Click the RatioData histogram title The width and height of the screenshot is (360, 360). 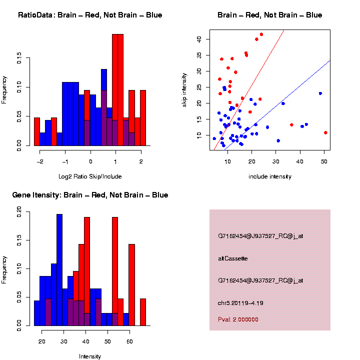(x=90, y=15)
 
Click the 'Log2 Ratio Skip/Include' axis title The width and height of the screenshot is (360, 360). (x=90, y=176)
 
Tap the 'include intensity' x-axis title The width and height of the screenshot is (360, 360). (x=269, y=176)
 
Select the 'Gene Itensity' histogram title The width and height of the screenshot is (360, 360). (x=90, y=195)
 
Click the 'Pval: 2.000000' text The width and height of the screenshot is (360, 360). (x=238, y=319)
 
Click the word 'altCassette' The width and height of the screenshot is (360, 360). (x=233, y=258)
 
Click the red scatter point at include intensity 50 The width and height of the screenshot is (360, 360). (x=325, y=132)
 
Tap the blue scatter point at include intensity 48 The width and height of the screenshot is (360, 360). (x=320, y=93)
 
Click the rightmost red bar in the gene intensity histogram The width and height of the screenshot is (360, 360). (x=142, y=312)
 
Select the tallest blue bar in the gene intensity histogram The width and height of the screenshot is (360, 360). (x=59, y=270)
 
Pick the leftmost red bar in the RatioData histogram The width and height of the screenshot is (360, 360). (x=37, y=132)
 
